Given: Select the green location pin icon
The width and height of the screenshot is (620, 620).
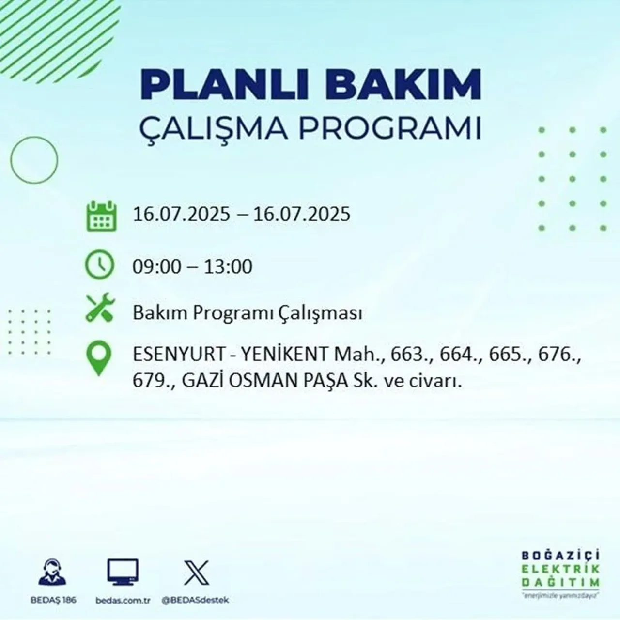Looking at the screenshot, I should [99, 358].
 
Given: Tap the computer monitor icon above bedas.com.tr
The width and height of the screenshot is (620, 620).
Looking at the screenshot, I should [123, 572].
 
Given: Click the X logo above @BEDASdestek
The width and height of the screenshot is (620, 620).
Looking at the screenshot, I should [196, 572].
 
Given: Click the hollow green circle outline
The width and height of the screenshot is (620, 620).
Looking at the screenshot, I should [34, 159].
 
